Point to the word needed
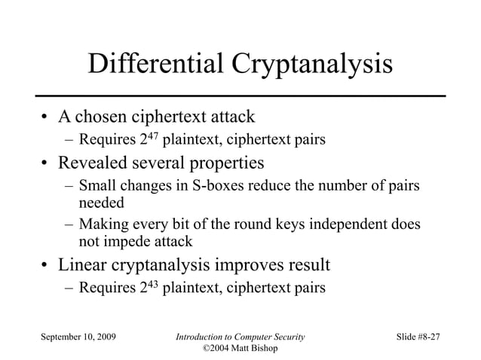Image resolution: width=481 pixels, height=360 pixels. [100, 202]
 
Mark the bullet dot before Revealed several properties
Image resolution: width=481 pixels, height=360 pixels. [44, 163]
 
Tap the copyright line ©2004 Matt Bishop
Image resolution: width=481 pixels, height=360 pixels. [240, 348]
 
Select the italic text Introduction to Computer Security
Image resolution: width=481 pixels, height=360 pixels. [240, 335]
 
